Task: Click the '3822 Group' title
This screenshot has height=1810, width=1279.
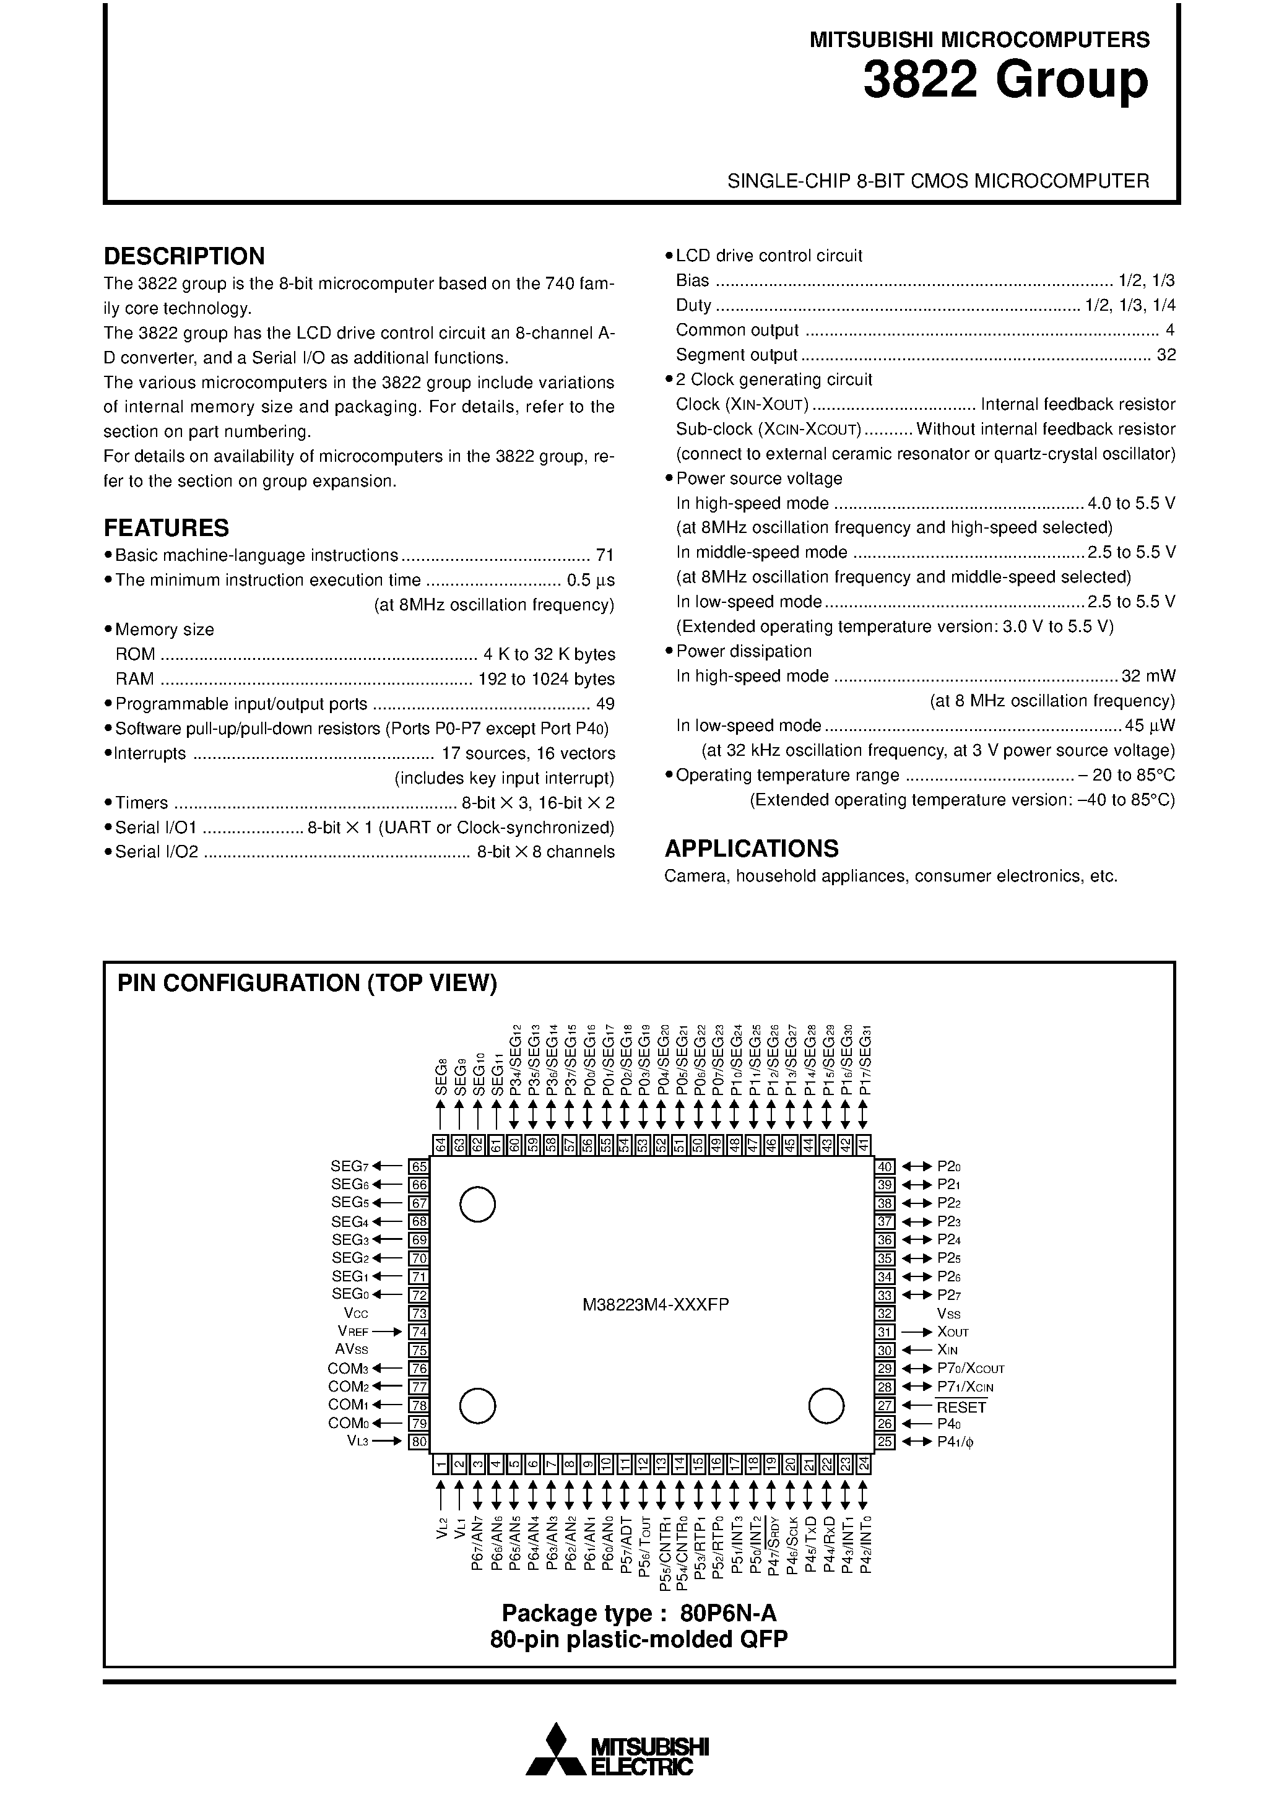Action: [x=1005, y=81]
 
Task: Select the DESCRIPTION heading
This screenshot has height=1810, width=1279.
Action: [x=184, y=256]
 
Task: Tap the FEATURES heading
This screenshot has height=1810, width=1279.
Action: [x=167, y=527]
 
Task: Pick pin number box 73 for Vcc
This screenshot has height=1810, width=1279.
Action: [x=418, y=1314]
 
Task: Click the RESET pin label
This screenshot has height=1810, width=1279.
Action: [x=961, y=1407]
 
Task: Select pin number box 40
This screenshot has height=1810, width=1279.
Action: [x=885, y=1166]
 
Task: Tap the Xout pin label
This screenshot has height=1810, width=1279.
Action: [x=953, y=1332]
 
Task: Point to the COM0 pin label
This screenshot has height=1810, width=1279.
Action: [x=348, y=1423]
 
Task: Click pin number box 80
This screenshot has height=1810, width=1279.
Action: [x=418, y=1442]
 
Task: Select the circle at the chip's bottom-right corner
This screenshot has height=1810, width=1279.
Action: [x=826, y=1406]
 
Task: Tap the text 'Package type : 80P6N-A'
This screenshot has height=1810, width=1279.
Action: [x=639, y=1613]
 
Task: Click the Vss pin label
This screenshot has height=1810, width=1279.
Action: [x=948, y=1314]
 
